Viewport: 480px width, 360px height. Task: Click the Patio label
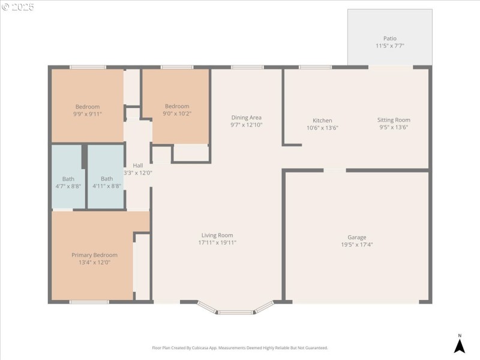point(390,38)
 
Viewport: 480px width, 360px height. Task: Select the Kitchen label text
point(322,121)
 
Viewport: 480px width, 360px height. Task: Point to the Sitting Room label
point(394,120)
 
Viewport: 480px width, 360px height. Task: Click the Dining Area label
point(246,118)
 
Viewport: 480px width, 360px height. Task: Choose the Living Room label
point(217,235)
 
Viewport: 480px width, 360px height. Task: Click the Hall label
point(138,166)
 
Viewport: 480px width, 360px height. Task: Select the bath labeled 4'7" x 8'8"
point(68,182)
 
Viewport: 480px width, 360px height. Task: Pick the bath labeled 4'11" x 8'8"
point(107,182)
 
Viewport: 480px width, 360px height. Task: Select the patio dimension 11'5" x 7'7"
point(390,46)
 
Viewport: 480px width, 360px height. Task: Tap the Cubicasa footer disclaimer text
point(239,348)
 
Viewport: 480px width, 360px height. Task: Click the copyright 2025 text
point(17,7)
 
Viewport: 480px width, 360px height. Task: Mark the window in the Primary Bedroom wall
point(89,302)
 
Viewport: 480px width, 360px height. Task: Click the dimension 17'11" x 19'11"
point(217,243)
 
